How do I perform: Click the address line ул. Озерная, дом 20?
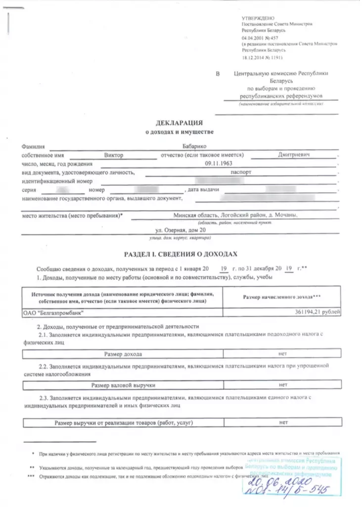[x=178, y=230]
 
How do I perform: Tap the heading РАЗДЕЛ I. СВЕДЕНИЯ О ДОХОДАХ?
[x=180, y=254]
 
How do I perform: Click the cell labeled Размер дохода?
[x=123, y=354]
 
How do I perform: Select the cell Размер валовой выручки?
[x=124, y=384]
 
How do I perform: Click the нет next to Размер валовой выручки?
[x=283, y=384]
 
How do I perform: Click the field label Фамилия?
[x=33, y=147]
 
